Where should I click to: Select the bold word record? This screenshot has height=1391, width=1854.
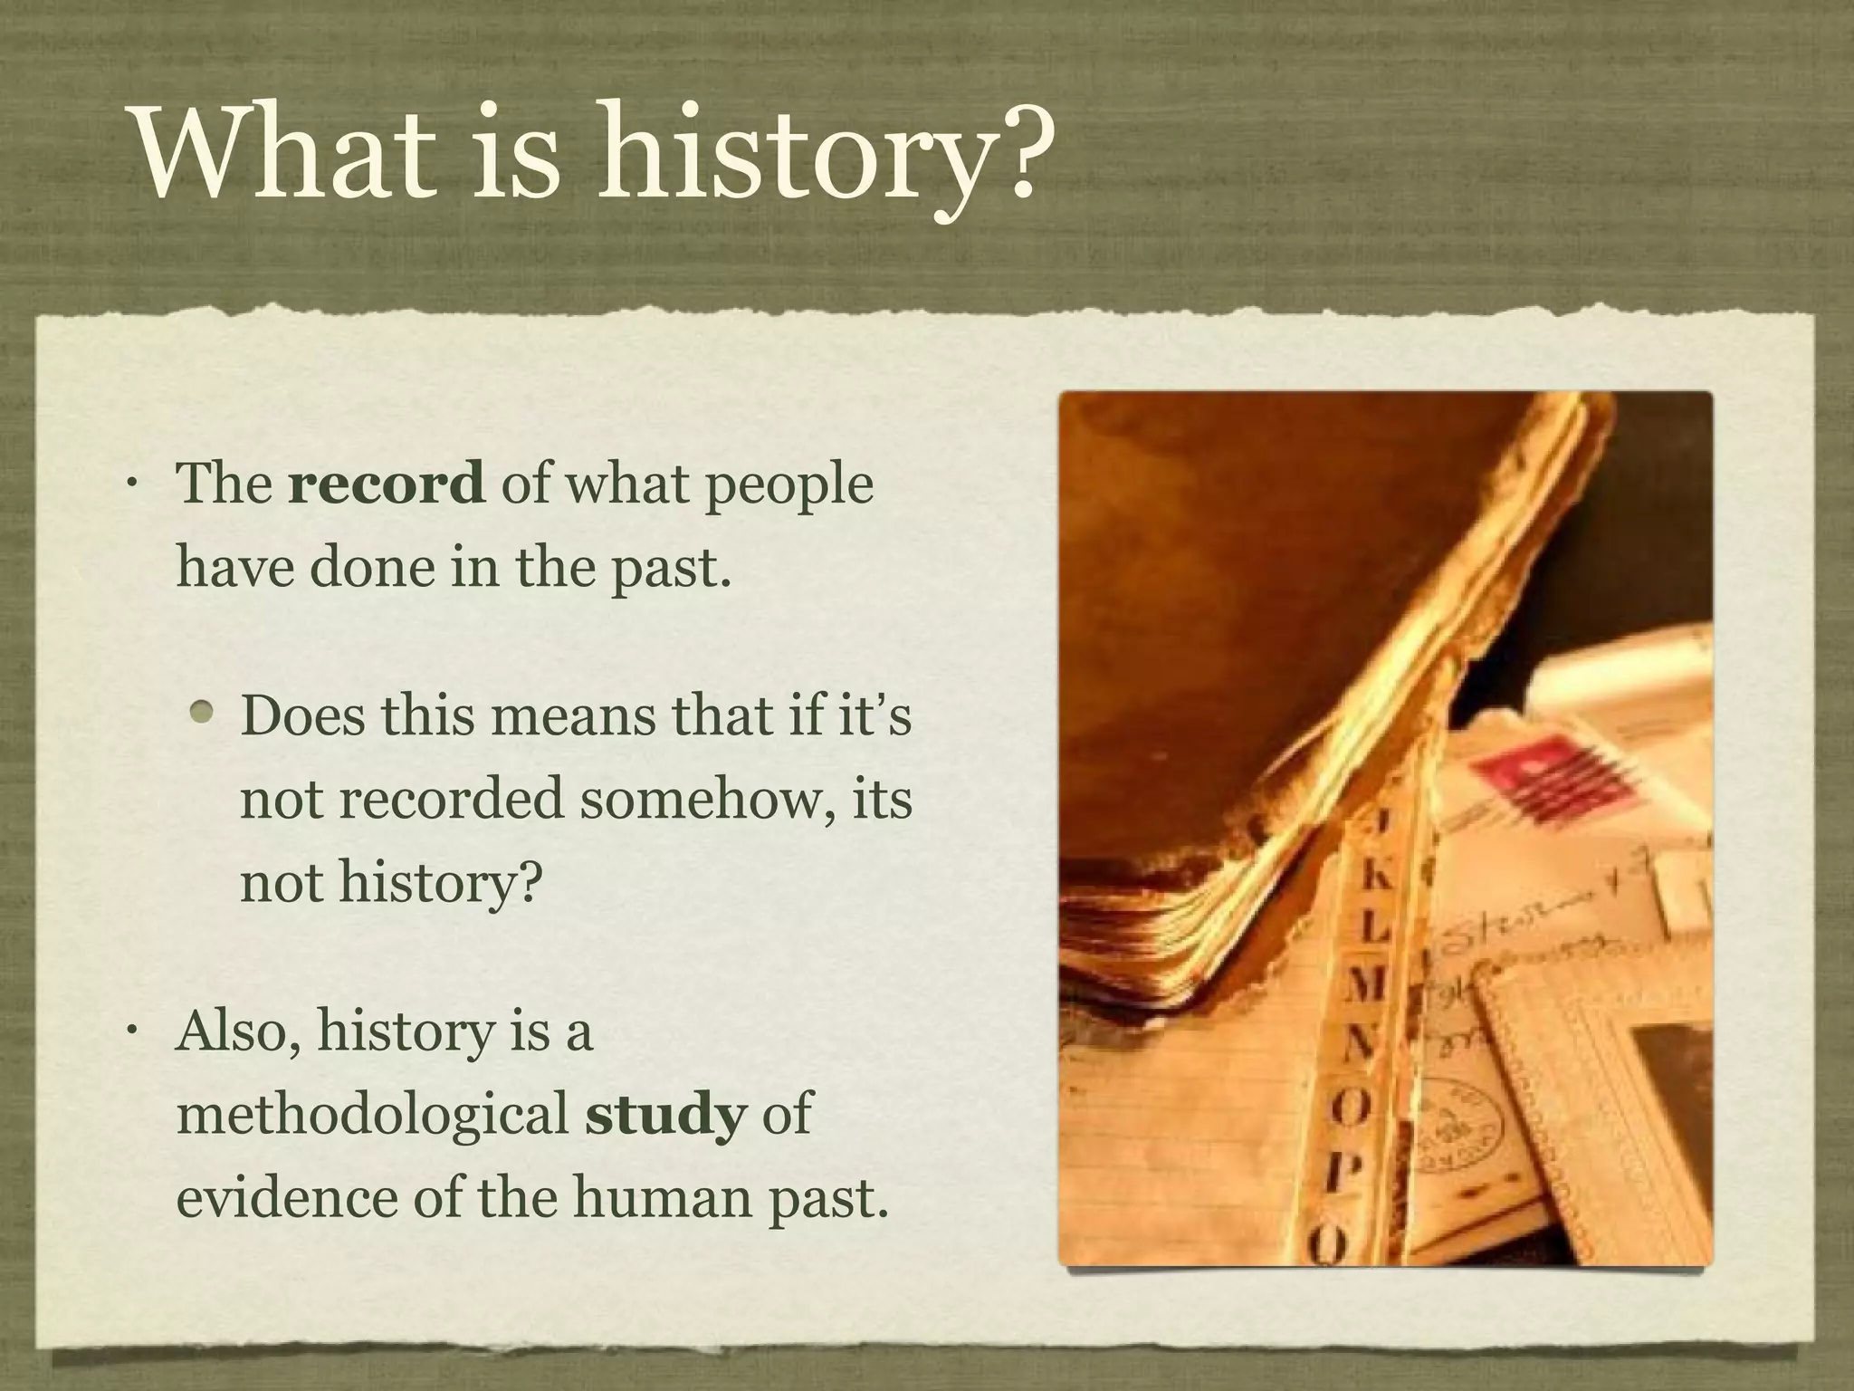pos(386,484)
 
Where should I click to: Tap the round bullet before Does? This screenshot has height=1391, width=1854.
pos(204,715)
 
